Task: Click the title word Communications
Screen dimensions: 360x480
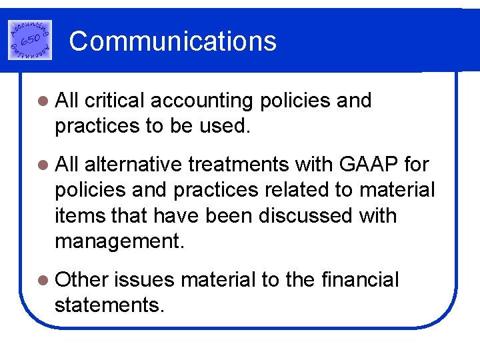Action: pyautogui.click(x=173, y=41)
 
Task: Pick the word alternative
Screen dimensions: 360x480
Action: pyautogui.click(x=136, y=164)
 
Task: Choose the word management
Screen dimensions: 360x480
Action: pyautogui.click(x=119, y=241)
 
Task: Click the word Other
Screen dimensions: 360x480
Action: pyautogui.click(x=81, y=280)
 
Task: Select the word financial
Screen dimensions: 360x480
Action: pyautogui.click(x=359, y=280)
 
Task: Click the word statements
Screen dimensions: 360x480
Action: pyautogui.click(x=109, y=305)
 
